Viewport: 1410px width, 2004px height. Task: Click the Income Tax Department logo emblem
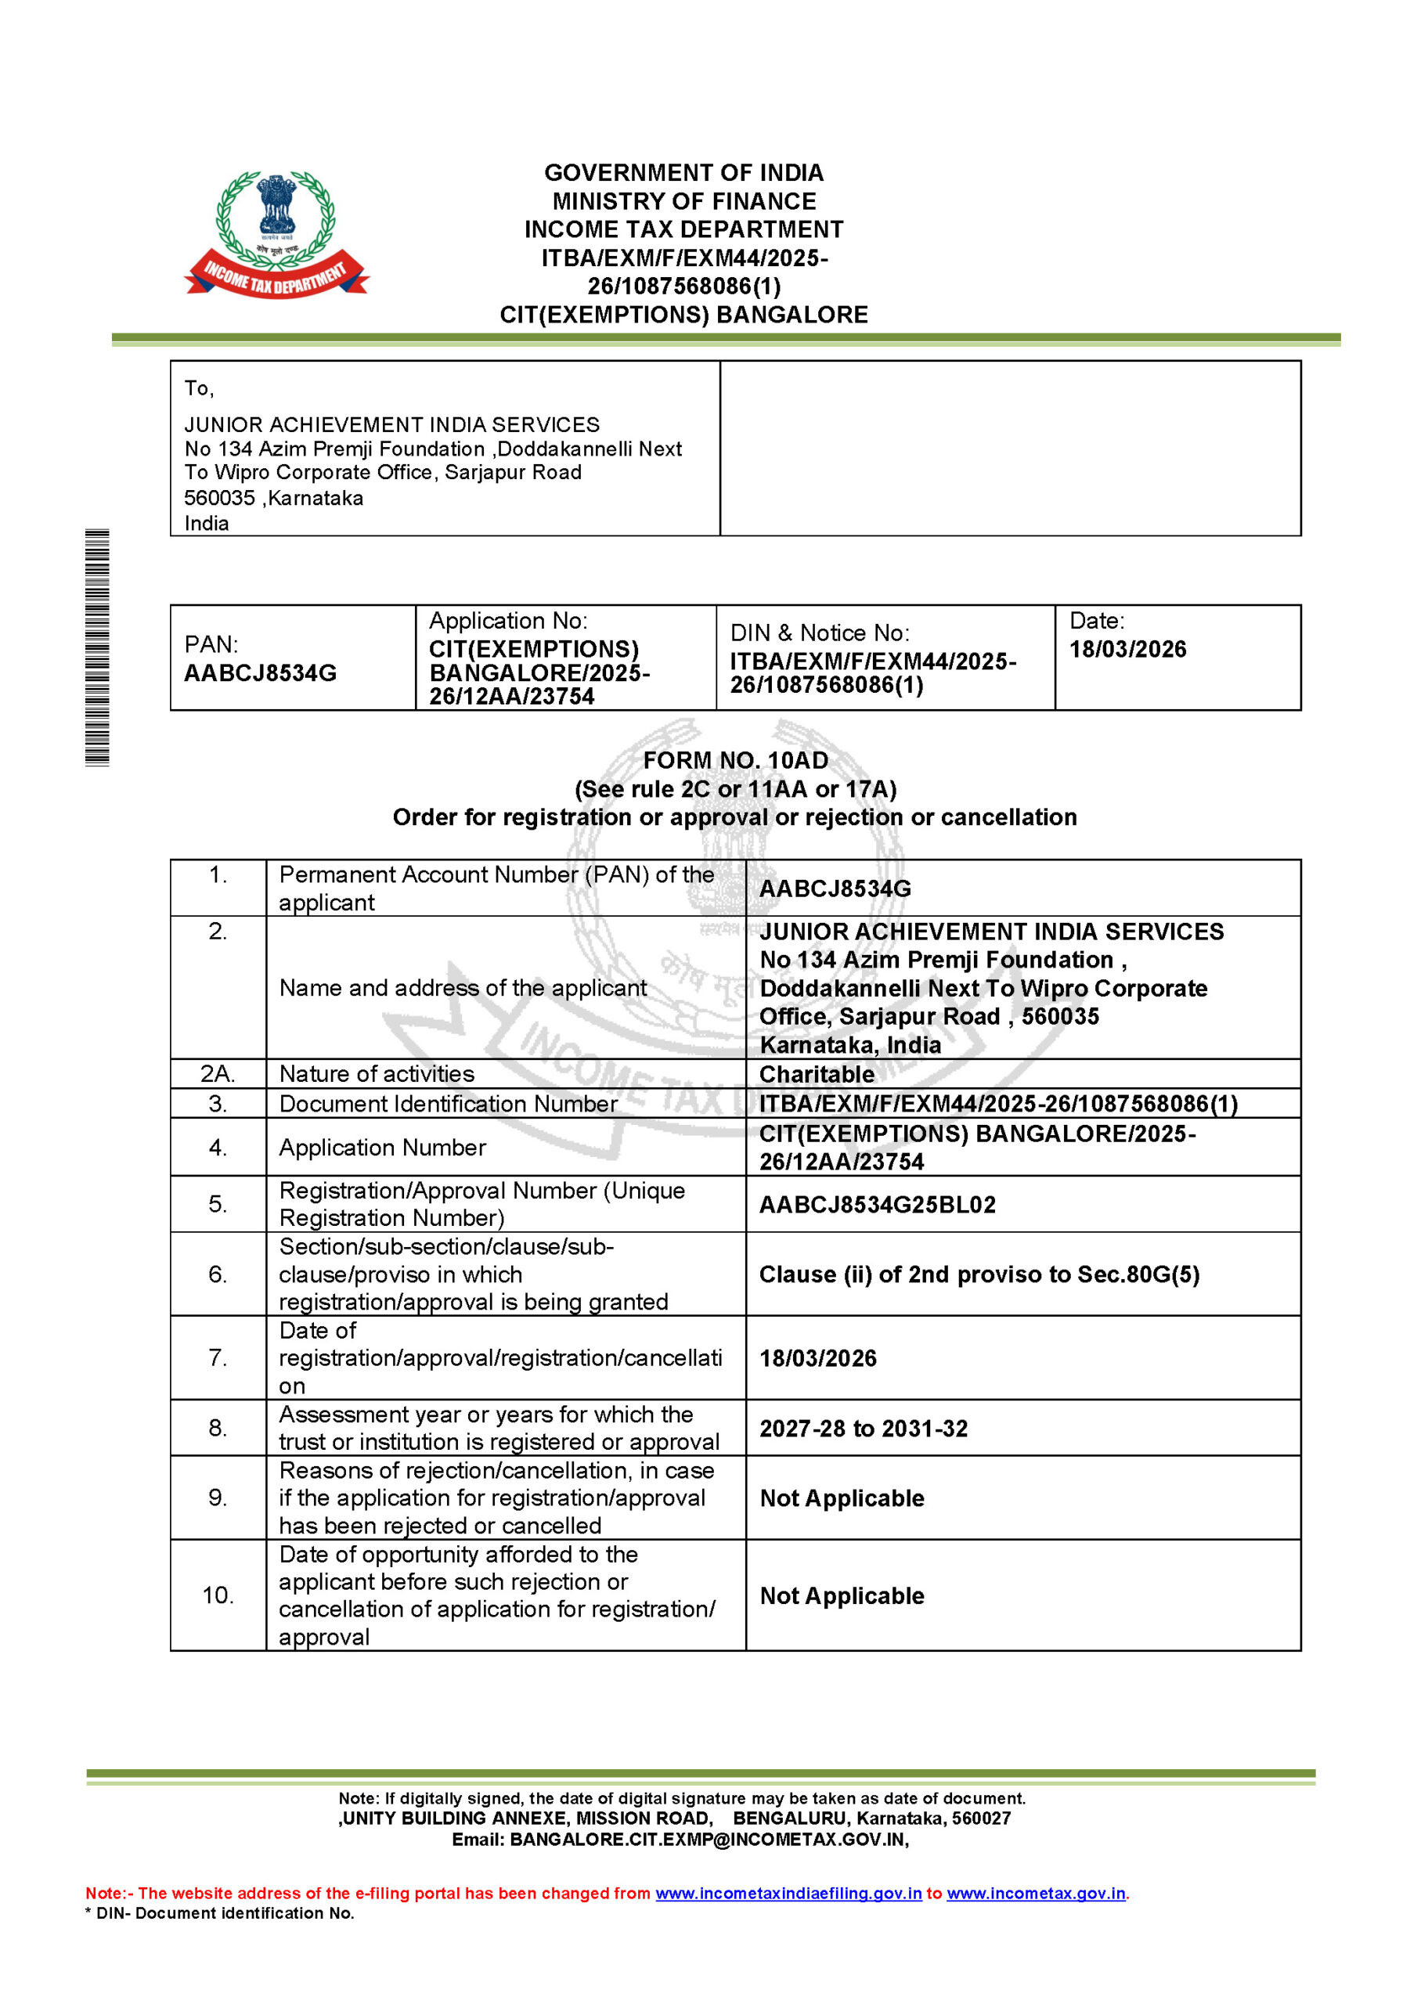pyautogui.click(x=276, y=234)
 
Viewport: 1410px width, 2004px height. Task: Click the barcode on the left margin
pyautogui.click(x=97, y=647)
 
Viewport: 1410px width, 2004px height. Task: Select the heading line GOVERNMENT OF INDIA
pyautogui.click(x=683, y=173)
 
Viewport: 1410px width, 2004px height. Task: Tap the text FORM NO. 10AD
pyautogui.click(x=735, y=760)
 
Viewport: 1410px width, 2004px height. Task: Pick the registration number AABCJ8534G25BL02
pyautogui.click(x=877, y=1205)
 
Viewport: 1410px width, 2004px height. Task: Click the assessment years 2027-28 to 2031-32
pyautogui.click(x=863, y=1429)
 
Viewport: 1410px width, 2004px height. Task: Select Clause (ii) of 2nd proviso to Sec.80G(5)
pyautogui.click(x=979, y=1274)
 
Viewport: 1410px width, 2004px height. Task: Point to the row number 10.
pyautogui.click(x=218, y=1595)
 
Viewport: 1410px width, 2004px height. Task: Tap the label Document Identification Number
pyautogui.click(x=448, y=1104)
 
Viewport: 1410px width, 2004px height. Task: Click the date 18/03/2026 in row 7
pyautogui.click(x=817, y=1358)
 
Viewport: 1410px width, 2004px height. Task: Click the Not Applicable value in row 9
pyautogui.click(x=842, y=1498)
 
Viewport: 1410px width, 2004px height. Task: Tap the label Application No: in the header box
pyautogui.click(x=508, y=621)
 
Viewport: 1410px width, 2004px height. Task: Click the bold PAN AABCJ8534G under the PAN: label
pyautogui.click(x=260, y=673)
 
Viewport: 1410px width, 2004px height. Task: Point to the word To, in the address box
pyautogui.click(x=199, y=388)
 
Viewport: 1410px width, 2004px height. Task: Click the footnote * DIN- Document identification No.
pyautogui.click(x=219, y=1913)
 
